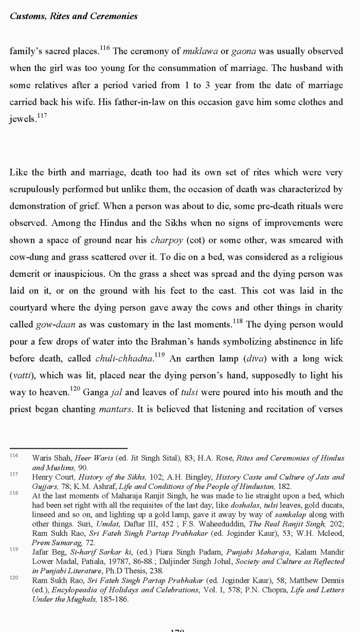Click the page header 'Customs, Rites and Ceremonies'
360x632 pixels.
[74, 16]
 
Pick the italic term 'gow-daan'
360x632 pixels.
[54, 325]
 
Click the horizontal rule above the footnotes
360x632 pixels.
[68, 448]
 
